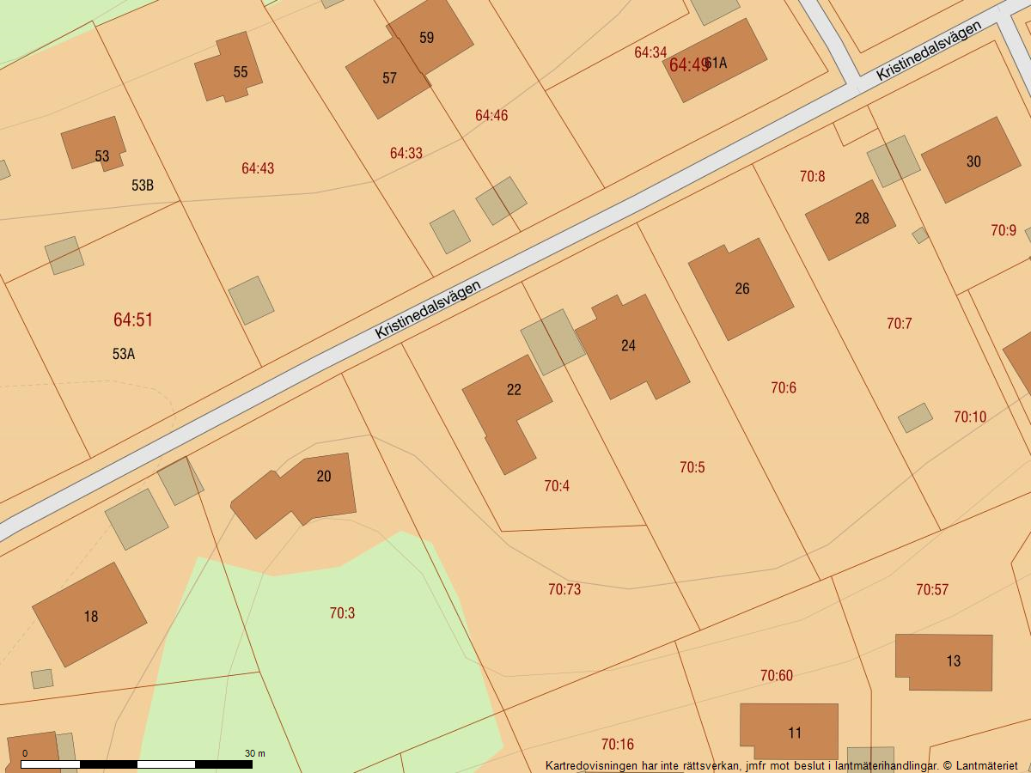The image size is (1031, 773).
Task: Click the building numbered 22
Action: point(507,404)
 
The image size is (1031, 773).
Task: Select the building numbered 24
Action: point(632,347)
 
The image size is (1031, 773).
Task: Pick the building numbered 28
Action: point(851,220)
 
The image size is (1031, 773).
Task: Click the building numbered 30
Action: point(971,161)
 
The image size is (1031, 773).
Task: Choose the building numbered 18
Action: point(89,615)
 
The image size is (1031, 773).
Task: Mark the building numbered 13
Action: point(943,661)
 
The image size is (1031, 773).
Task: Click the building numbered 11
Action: point(789,731)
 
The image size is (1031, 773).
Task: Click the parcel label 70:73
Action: point(564,589)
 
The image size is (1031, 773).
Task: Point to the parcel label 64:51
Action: point(133,320)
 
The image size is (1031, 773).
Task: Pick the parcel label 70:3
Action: point(342,613)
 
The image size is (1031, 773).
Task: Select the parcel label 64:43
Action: point(258,168)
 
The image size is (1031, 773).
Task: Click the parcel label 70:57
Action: point(932,589)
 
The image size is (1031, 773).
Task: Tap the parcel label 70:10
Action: point(970,417)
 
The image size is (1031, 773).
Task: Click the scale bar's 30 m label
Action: point(255,753)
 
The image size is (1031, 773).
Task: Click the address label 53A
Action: point(124,354)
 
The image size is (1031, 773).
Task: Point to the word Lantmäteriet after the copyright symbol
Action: point(986,765)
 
